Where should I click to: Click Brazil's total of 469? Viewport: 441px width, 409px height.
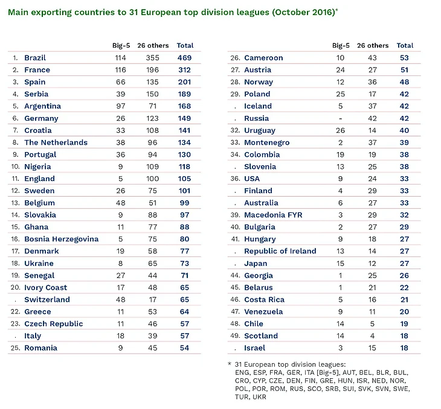point(184,58)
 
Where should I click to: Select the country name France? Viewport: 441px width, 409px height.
point(37,70)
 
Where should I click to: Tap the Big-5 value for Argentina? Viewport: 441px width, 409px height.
point(120,106)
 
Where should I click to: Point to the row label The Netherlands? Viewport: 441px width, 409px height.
point(56,142)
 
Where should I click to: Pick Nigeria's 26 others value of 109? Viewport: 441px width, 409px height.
point(152,166)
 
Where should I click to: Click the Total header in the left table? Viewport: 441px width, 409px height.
point(185,45)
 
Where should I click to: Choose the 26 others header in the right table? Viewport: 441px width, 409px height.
point(373,45)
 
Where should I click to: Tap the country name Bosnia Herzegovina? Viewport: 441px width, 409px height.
point(61,239)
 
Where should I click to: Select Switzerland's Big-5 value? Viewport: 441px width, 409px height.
point(120,300)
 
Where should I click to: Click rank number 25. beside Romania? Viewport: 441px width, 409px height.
point(16,348)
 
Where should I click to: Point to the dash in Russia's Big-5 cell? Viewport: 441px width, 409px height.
point(340,119)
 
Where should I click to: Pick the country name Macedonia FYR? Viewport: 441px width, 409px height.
point(273,215)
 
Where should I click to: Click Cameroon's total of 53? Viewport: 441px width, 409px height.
point(404,58)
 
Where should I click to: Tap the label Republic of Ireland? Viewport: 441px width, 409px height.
point(280,251)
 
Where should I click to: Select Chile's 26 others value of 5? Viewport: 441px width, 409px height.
point(372,324)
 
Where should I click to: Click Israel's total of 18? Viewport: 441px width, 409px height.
point(404,348)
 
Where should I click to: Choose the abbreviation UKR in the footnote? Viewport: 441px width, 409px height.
point(259,397)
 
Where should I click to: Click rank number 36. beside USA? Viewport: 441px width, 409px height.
point(235,179)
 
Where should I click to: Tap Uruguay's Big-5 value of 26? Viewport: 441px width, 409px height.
point(340,130)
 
